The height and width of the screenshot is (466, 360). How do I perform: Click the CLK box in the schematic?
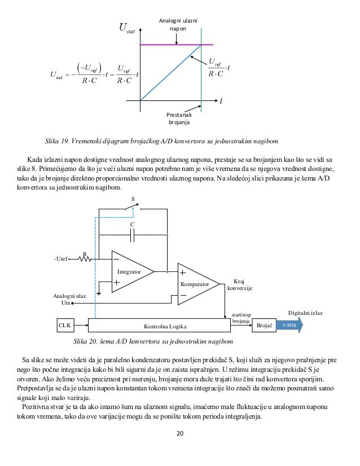65,326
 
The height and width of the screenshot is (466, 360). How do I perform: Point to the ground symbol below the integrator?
99,293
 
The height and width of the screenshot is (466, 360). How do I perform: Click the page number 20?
179,433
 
